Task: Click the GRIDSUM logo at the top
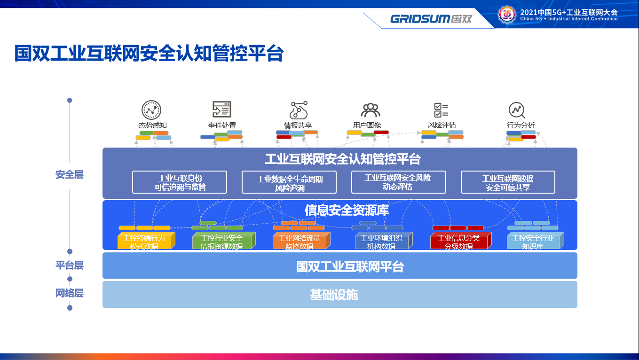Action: click(x=431, y=19)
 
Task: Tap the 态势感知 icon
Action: click(x=151, y=110)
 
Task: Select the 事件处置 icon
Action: click(x=222, y=110)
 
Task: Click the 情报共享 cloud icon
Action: click(x=298, y=110)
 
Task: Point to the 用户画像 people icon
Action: click(x=370, y=110)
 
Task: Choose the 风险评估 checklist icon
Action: click(x=441, y=110)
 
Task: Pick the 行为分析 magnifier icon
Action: click(x=517, y=110)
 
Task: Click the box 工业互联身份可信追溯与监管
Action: click(x=180, y=182)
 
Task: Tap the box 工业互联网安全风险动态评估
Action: click(x=398, y=182)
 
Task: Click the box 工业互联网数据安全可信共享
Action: click(x=508, y=182)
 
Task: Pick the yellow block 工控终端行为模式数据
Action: click(x=144, y=242)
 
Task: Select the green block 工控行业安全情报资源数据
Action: click(x=222, y=242)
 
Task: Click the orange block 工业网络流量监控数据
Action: click(x=299, y=242)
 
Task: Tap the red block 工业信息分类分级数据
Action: click(x=458, y=242)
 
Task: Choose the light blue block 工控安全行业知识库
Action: click(x=533, y=242)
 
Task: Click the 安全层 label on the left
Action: click(x=70, y=175)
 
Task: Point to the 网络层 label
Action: click(x=70, y=293)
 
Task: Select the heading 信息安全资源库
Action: click(x=347, y=210)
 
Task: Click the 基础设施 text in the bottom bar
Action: click(x=334, y=295)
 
